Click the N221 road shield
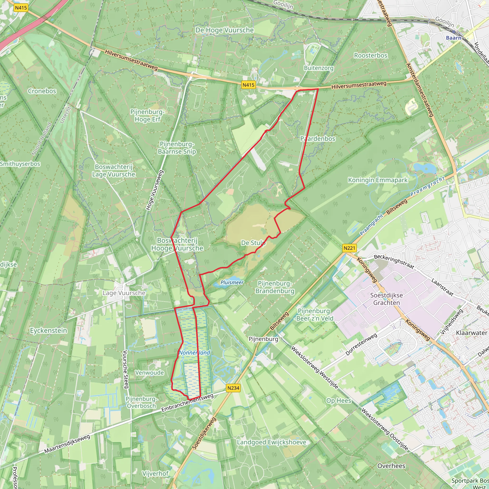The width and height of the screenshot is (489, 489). click(349, 248)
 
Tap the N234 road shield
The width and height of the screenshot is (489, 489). click(233, 388)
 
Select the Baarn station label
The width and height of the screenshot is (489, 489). click(453, 38)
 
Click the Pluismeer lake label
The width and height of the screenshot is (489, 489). click(232, 282)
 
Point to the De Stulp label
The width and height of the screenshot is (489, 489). click(253, 243)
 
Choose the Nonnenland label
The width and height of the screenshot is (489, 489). click(194, 353)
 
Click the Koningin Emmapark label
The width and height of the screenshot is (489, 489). click(378, 180)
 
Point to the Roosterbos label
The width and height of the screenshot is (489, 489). click(371, 55)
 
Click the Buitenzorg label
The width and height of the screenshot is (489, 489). click(319, 68)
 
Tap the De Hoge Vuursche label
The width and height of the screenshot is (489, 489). click(224, 30)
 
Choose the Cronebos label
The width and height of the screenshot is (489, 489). click(42, 91)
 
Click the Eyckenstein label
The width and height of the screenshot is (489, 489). click(49, 330)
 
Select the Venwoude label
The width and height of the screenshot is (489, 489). click(149, 372)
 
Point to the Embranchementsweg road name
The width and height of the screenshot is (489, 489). click(187, 403)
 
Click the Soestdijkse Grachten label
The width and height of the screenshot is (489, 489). click(387, 299)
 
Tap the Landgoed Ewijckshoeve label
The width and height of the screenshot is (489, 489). click(271, 442)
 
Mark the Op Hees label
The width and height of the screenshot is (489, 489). click(339, 401)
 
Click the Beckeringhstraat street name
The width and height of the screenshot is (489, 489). click(394, 261)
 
